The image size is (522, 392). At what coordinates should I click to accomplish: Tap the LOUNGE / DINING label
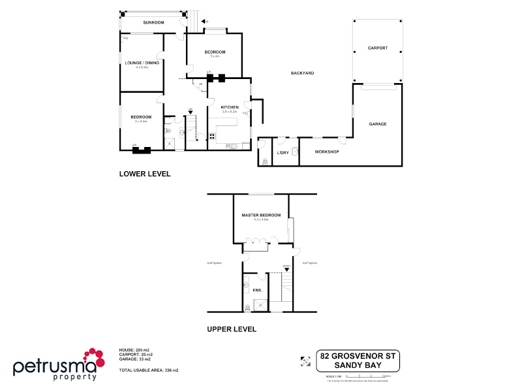click(x=142, y=63)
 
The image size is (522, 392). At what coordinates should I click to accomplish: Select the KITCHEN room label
click(x=229, y=107)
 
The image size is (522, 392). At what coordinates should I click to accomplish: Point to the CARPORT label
click(x=377, y=48)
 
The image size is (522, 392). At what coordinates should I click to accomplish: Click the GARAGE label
click(x=378, y=123)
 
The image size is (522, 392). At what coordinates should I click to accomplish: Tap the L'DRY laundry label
click(x=283, y=152)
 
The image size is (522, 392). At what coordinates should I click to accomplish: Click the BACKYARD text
click(x=302, y=73)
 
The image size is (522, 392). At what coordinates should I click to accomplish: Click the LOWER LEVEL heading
click(x=144, y=174)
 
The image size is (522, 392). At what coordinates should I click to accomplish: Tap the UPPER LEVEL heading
click(x=232, y=329)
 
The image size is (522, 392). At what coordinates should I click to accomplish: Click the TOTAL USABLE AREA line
click(x=149, y=370)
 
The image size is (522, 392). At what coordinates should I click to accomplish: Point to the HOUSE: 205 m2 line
click(x=135, y=350)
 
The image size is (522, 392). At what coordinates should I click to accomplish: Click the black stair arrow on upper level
click(x=286, y=269)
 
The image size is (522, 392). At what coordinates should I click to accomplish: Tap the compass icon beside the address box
click(x=305, y=360)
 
